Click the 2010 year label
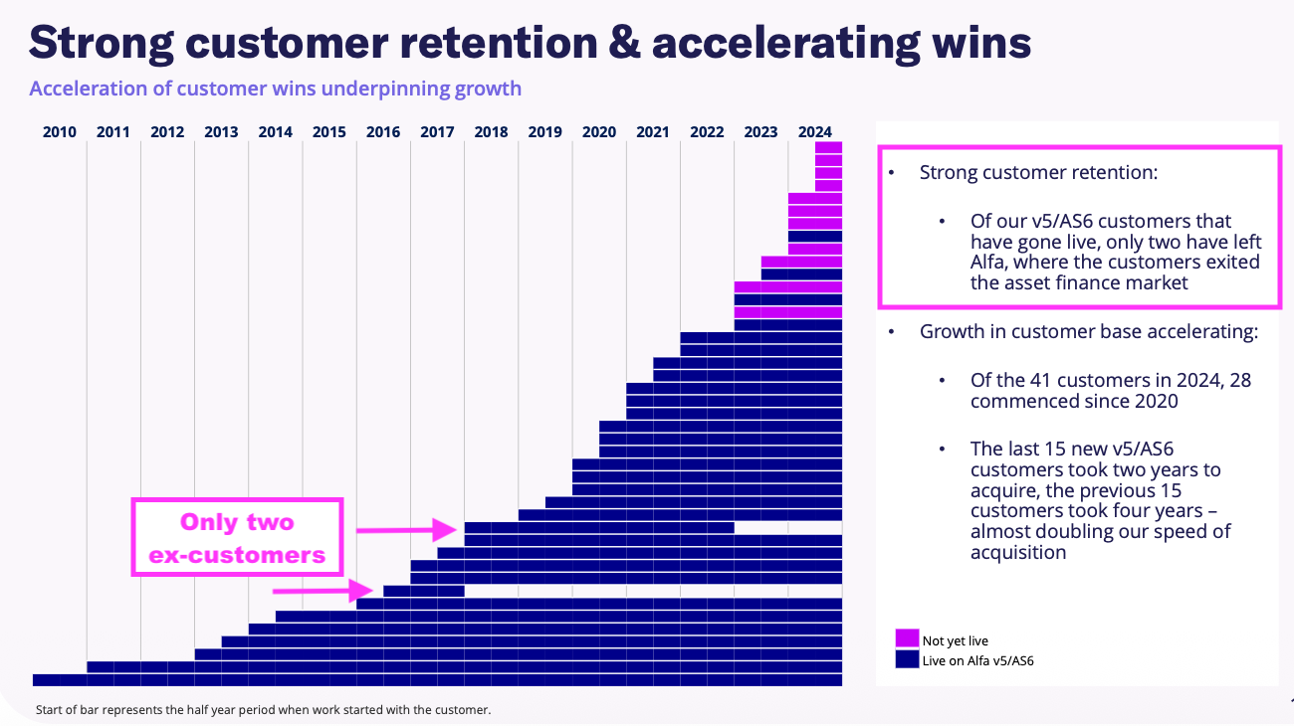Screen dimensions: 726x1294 [x=60, y=131]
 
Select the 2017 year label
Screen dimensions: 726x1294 [x=437, y=131]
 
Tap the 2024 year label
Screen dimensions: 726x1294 [x=814, y=131]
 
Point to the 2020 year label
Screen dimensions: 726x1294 [x=598, y=131]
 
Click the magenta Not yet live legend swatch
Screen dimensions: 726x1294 [x=907, y=638]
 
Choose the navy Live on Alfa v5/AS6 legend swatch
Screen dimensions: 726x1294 [x=907, y=658]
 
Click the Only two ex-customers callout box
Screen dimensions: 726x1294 [x=237, y=538]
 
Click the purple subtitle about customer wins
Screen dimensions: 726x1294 [x=275, y=89]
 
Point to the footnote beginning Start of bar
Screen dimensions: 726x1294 [x=263, y=710]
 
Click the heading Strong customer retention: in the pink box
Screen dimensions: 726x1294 [x=1038, y=172]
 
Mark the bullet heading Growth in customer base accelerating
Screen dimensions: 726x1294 [x=1088, y=331]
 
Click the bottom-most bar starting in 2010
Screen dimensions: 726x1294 [x=437, y=680]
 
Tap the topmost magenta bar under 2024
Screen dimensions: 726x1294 [x=828, y=147]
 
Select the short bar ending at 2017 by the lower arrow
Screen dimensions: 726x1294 [x=423, y=591]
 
